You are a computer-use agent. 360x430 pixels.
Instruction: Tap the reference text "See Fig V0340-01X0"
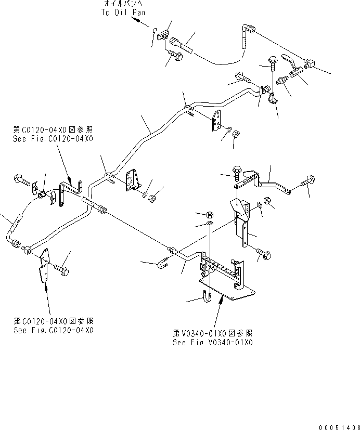pyautogui.click(x=213, y=343)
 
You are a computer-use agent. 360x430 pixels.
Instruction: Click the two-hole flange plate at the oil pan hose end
pyautogui.click(x=165, y=35)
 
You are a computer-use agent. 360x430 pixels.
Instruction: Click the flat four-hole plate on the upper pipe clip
pyautogui.click(x=217, y=122)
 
